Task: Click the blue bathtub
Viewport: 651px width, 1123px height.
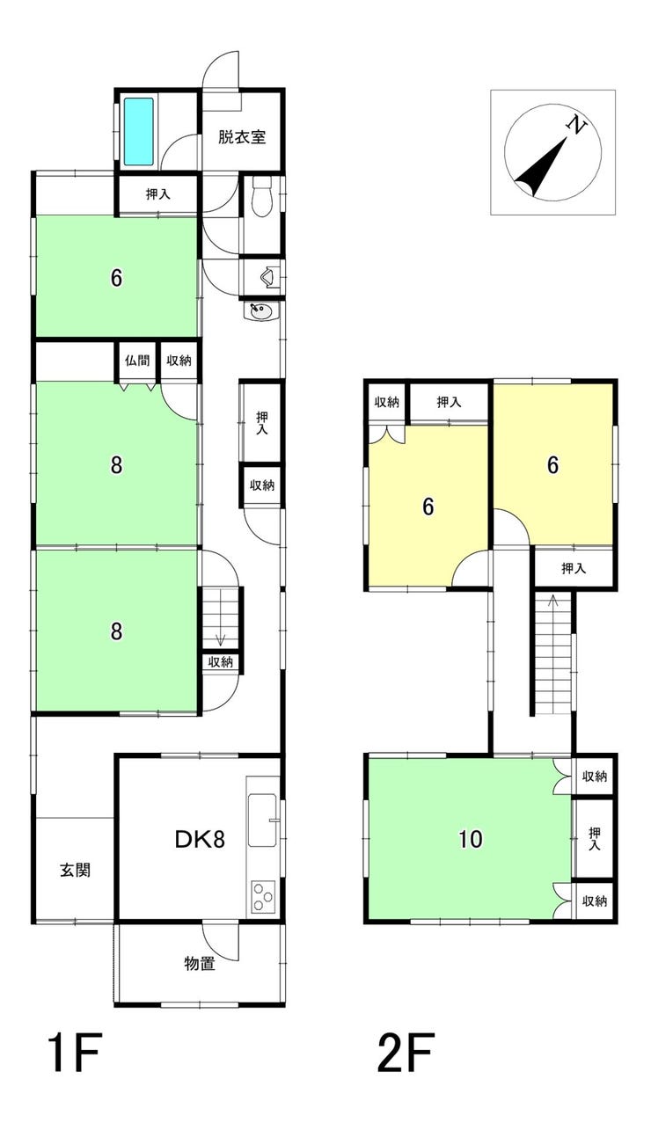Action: coord(138,131)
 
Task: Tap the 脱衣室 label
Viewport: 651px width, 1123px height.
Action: coord(242,137)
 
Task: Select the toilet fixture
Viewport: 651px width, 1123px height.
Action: coord(261,196)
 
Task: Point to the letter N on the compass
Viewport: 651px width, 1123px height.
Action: coord(576,124)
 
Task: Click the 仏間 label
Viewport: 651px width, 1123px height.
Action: coord(137,360)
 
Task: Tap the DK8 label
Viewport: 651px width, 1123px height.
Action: coord(200,839)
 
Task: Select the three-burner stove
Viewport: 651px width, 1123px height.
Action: coord(263,896)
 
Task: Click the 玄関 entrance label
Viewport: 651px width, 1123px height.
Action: coord(76,870)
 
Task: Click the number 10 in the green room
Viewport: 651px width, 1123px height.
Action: coord(471,839)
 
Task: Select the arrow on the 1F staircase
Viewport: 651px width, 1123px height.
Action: coord(221,640)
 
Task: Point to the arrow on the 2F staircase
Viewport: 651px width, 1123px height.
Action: coord(552,602)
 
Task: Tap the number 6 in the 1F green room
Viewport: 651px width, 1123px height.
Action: coord(116,278)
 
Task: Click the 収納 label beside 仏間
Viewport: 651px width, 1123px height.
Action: coord(179,360)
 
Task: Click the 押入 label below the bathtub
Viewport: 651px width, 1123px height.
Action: coord(158,194)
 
